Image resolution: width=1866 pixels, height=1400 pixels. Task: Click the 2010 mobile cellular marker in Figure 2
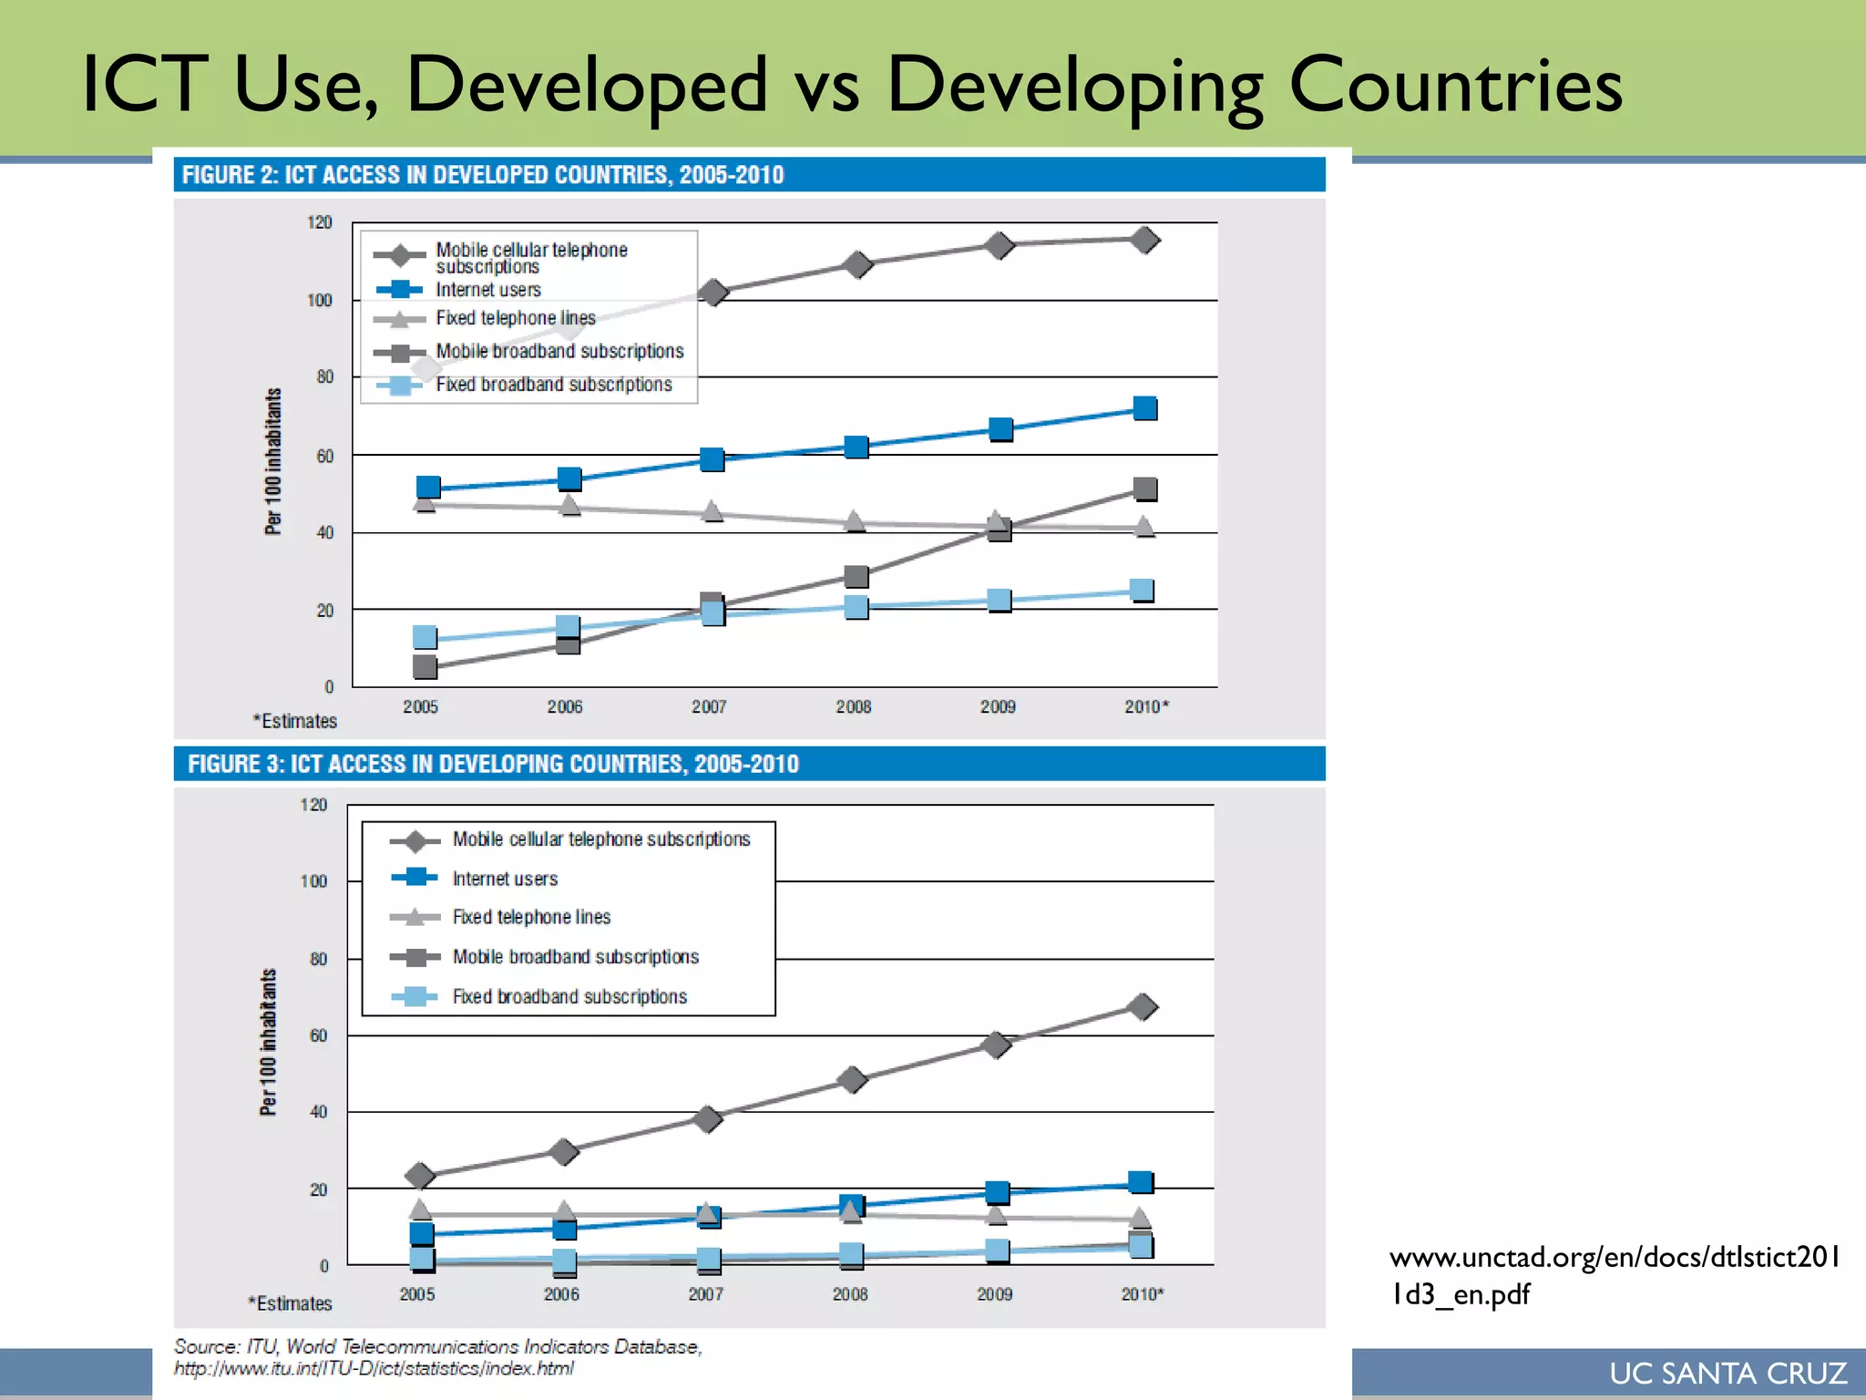[x=1144, y=240]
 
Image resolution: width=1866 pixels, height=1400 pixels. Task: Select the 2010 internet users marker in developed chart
[x=1144, y=407]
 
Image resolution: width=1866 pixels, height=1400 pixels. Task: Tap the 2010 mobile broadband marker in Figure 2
[x=1144, y=489]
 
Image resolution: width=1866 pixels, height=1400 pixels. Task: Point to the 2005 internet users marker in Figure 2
[x=427, y=488]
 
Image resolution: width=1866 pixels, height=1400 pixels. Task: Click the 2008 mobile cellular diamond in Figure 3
[x=852, y=1080]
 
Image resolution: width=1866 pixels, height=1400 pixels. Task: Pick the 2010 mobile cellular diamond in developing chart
[x=1142, y=1007]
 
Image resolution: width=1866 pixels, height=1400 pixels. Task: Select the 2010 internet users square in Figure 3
[x=1140, y=1182]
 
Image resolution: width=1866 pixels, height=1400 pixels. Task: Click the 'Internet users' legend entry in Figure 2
[x=487, y=290]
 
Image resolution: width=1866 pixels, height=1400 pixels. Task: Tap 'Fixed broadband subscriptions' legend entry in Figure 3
[x=569, y=996]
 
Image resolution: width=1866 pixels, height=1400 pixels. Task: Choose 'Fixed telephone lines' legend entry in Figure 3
[x=531, y=917]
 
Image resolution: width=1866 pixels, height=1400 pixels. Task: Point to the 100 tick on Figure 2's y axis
[x=320, y=300]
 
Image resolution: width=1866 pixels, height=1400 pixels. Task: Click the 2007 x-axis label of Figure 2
[x=709, y=706]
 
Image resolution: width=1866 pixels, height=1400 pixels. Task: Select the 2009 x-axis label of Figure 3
[x=994, y=1293]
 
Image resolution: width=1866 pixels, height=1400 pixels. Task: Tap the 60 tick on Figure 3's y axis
[x=318, y=1035]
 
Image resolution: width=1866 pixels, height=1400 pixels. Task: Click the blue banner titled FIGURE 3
[x=748, y=764]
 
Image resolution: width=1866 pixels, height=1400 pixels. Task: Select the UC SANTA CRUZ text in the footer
[x=1728, y=1373]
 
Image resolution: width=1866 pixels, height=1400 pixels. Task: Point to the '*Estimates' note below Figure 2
[x=295, y=721]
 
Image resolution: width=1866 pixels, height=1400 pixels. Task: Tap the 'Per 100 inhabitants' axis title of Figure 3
[x=268, y=1042]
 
